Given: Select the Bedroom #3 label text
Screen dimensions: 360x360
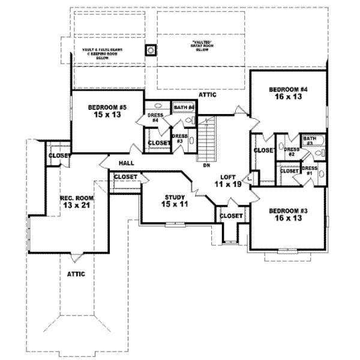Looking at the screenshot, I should (284, 215).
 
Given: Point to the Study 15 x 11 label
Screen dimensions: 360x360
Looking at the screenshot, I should (176, 200).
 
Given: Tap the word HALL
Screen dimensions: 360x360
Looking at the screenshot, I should (126, 163).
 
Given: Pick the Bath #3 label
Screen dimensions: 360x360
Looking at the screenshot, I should (309, 141).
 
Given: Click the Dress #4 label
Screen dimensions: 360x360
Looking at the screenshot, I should (154, 117).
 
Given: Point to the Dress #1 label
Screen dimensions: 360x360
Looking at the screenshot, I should (310, 170).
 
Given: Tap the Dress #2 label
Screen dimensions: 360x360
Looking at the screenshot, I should (292, 152).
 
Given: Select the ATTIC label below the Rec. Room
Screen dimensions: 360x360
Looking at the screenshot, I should (76, 274).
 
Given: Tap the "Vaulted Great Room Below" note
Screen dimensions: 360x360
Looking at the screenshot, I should (201, 46).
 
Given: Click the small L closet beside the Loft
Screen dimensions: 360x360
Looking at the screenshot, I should (250, 178).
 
